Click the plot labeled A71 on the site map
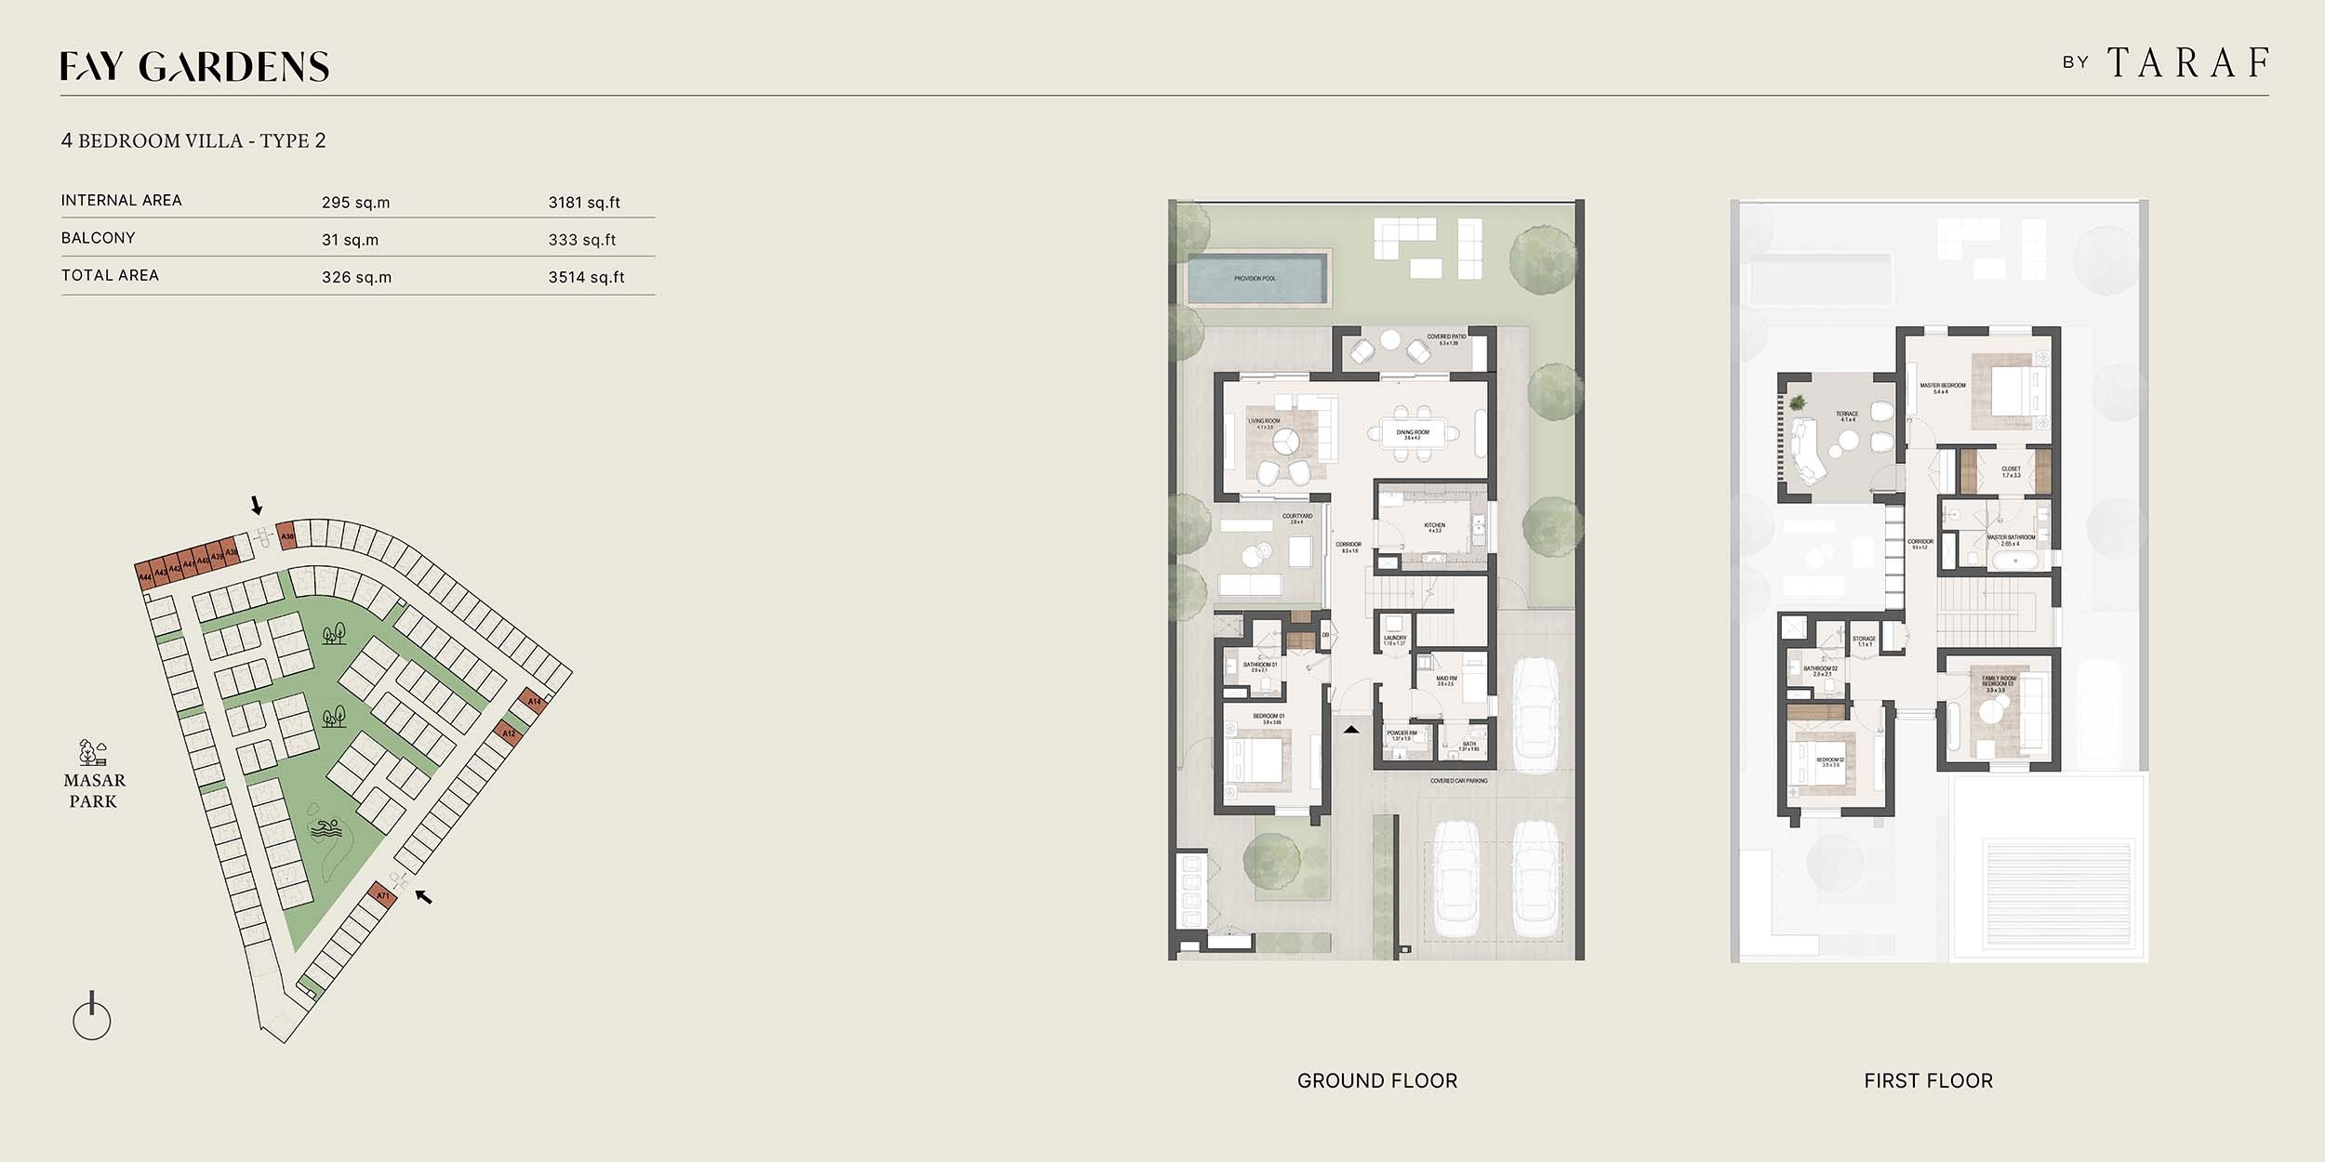(x=382, y=896)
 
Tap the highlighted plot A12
(x=509, y=733)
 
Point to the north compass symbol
(x=91, y=1017)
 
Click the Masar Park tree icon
(x=92, y=751)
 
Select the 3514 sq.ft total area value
(x=586, y=277)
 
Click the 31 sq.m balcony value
(x=350, y=240)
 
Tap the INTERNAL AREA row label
(x=122, y=201)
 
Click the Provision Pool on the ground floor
(x=1255, y=278)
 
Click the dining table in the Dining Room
(x=1413, y=434)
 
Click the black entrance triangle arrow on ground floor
(x=1351, y=730)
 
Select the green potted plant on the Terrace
(x=1797, y=403)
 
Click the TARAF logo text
(x=2188, y=63)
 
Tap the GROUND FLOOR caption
(x=1376, y=1081)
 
